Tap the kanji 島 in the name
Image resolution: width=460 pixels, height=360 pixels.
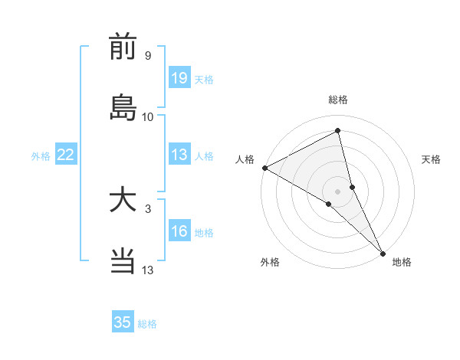[x=123, y=107]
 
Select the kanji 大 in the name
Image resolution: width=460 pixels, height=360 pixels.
[x=123, y=201]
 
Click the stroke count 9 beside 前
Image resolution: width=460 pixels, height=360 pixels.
[x=147, y=55]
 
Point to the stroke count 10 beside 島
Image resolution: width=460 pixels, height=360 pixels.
[x=148, y=116]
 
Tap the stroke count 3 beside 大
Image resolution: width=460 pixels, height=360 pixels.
[x=147, y=208]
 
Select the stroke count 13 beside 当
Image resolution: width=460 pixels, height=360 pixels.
[x=148, y=270]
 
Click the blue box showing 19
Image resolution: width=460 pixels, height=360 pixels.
[x=179, y=79]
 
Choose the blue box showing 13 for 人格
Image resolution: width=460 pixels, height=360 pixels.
[x=179, y=155]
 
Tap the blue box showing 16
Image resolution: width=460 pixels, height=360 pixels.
[x=179, y=232]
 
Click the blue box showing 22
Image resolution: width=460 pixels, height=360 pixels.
[x=66, y=155]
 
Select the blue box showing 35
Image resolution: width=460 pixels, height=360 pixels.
[x=123, y=322]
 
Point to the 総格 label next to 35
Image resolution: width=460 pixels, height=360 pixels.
[x=147, y=324]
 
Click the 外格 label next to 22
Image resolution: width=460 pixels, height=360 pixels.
[x=41, y=156]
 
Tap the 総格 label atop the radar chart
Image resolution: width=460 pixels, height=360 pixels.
[x=338, y=100]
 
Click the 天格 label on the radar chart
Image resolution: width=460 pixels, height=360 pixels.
[x=432, y=159]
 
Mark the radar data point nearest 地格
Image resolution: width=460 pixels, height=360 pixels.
[x=383, y=252]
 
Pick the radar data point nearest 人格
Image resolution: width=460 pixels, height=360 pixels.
[x=264, y=168]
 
